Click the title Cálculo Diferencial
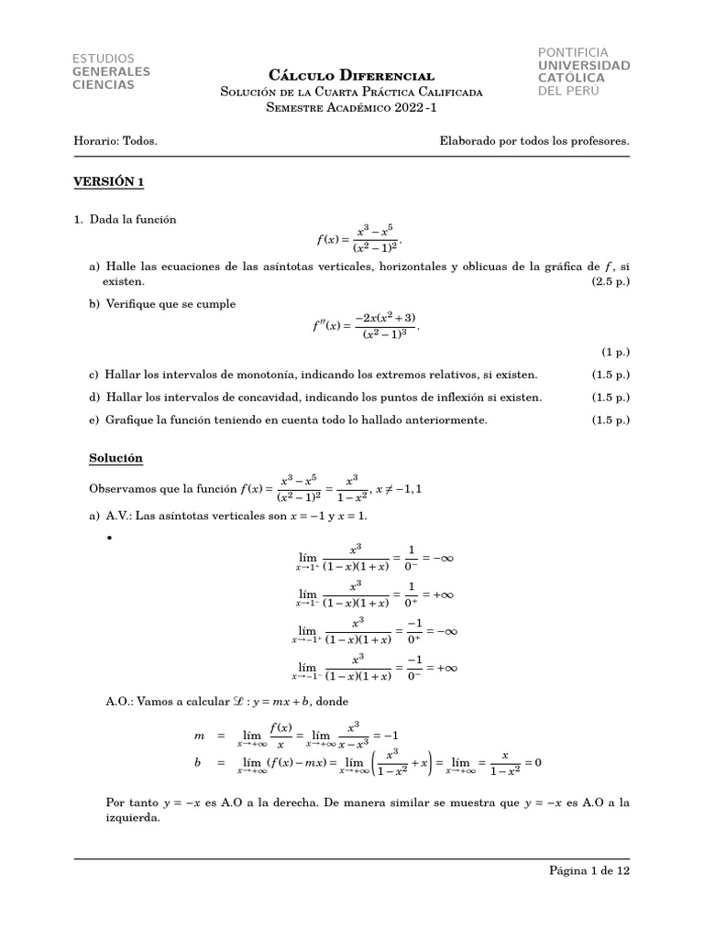click(351, 74)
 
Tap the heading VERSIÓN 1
click(109, 181)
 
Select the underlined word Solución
click(115, 457)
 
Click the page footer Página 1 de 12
click(583, 871)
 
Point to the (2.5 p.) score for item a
click(610, 282)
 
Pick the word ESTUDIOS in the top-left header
click(103, 59)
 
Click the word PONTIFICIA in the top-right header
click(573, 52)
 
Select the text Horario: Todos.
click(115, 142)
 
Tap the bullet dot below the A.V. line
click(110, 538)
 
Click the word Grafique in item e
click(130, 420)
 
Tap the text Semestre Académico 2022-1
click(351, 107)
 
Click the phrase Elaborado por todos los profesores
click(534, 142)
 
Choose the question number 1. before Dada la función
click(79, 220)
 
